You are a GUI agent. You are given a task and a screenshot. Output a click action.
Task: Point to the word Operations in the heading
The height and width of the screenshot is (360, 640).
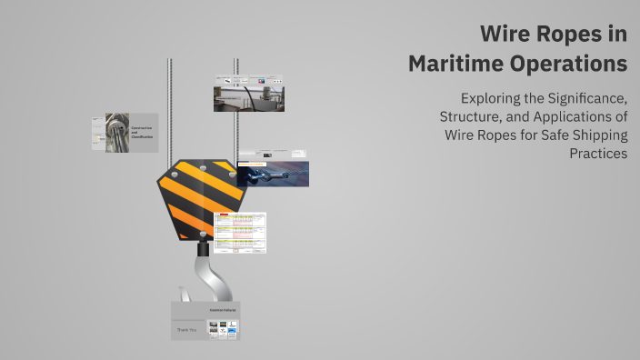pyautogui.click(x=570, y=65)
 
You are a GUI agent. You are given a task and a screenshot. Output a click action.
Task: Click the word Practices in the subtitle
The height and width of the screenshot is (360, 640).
pyautogui.click(x=597, y=154)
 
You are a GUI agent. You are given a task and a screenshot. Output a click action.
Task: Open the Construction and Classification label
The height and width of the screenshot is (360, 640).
pyautogui.click(x=142, y=133)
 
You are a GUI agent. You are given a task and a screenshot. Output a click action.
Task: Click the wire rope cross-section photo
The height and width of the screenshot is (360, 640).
pyautogui.click(x=116, y=133)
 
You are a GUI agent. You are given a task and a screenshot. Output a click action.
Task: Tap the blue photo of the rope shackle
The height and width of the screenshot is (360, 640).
pyautogui.click(x=273, y=174)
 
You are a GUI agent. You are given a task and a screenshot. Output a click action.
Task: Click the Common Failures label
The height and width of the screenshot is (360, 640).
pyautogui.click(x=223, y=311)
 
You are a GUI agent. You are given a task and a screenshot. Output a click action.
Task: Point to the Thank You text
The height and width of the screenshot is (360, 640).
pyautogui.click(x=187, y=330)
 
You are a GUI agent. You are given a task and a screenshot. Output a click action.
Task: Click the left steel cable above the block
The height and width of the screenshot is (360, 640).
pyautogui.click(x=170, y=109)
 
